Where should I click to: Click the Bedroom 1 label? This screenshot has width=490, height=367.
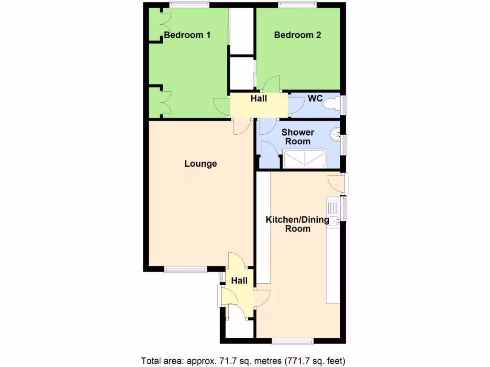tap(187, 35)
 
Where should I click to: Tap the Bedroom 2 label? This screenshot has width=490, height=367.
tap(297, 35)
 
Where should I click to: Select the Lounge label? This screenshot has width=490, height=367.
tap(200, 164)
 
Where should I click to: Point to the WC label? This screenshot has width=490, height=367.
tap(315, 99)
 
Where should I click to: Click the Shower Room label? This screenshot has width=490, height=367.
tap(298, 137)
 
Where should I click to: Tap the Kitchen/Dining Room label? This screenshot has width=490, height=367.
tap(298, 224)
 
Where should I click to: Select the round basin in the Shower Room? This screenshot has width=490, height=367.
tap(334, 136)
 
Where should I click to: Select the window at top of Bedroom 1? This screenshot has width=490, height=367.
tap(189, 5)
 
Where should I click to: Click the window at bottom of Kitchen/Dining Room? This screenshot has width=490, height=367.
tap(292, 341)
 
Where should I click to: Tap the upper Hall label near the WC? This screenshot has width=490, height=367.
tap(259, 99)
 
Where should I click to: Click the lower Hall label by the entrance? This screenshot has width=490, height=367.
tap(239, 281)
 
